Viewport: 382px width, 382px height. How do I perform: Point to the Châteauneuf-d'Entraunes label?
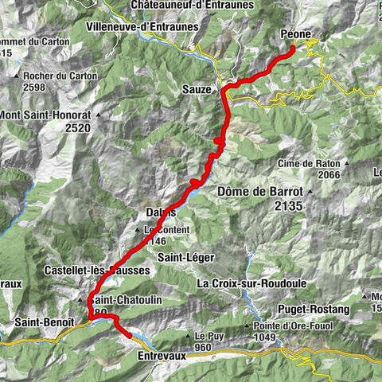192,5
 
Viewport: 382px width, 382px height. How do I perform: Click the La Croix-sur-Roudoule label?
248,283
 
